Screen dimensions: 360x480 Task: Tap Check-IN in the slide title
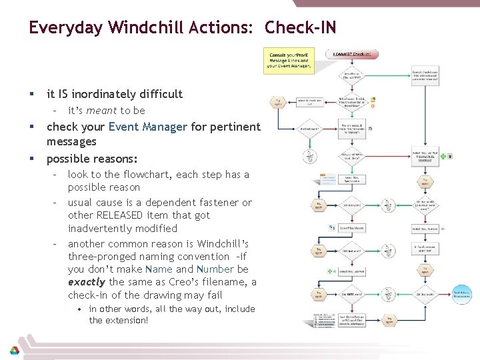(x=300, y=27)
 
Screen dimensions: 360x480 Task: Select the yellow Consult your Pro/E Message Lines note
(x=288, y=60)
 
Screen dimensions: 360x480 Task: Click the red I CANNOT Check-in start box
(x=351, y=54)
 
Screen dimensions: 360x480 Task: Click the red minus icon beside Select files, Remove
(x=443, y=228)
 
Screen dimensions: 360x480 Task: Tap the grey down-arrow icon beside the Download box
(x=449, y=156)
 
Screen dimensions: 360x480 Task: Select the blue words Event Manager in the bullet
(x=147, y=127)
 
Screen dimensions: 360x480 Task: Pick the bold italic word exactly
(x=86, y=282)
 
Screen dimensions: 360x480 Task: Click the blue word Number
(x=215, y=269)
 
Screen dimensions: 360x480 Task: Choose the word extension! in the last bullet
(x=127, y=320)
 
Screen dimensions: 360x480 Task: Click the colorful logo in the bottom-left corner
(x=13, y=351)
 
